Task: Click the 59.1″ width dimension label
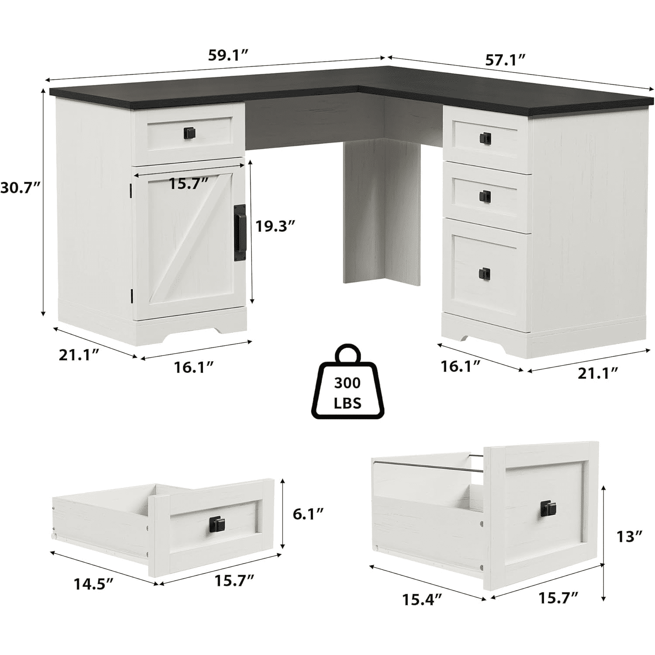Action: click(x=228, y=56)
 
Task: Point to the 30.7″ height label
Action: click(x=21, y=188)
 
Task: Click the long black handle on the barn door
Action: click(x=240, y=233)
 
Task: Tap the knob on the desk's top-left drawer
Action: click(x=189, y=131)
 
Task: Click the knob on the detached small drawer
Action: click(x=215, y=523)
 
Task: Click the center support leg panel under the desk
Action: click(x=381, y=212)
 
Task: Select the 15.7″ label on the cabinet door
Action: click(x=189, y=183)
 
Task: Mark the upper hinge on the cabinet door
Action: click(x=131, y=190)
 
